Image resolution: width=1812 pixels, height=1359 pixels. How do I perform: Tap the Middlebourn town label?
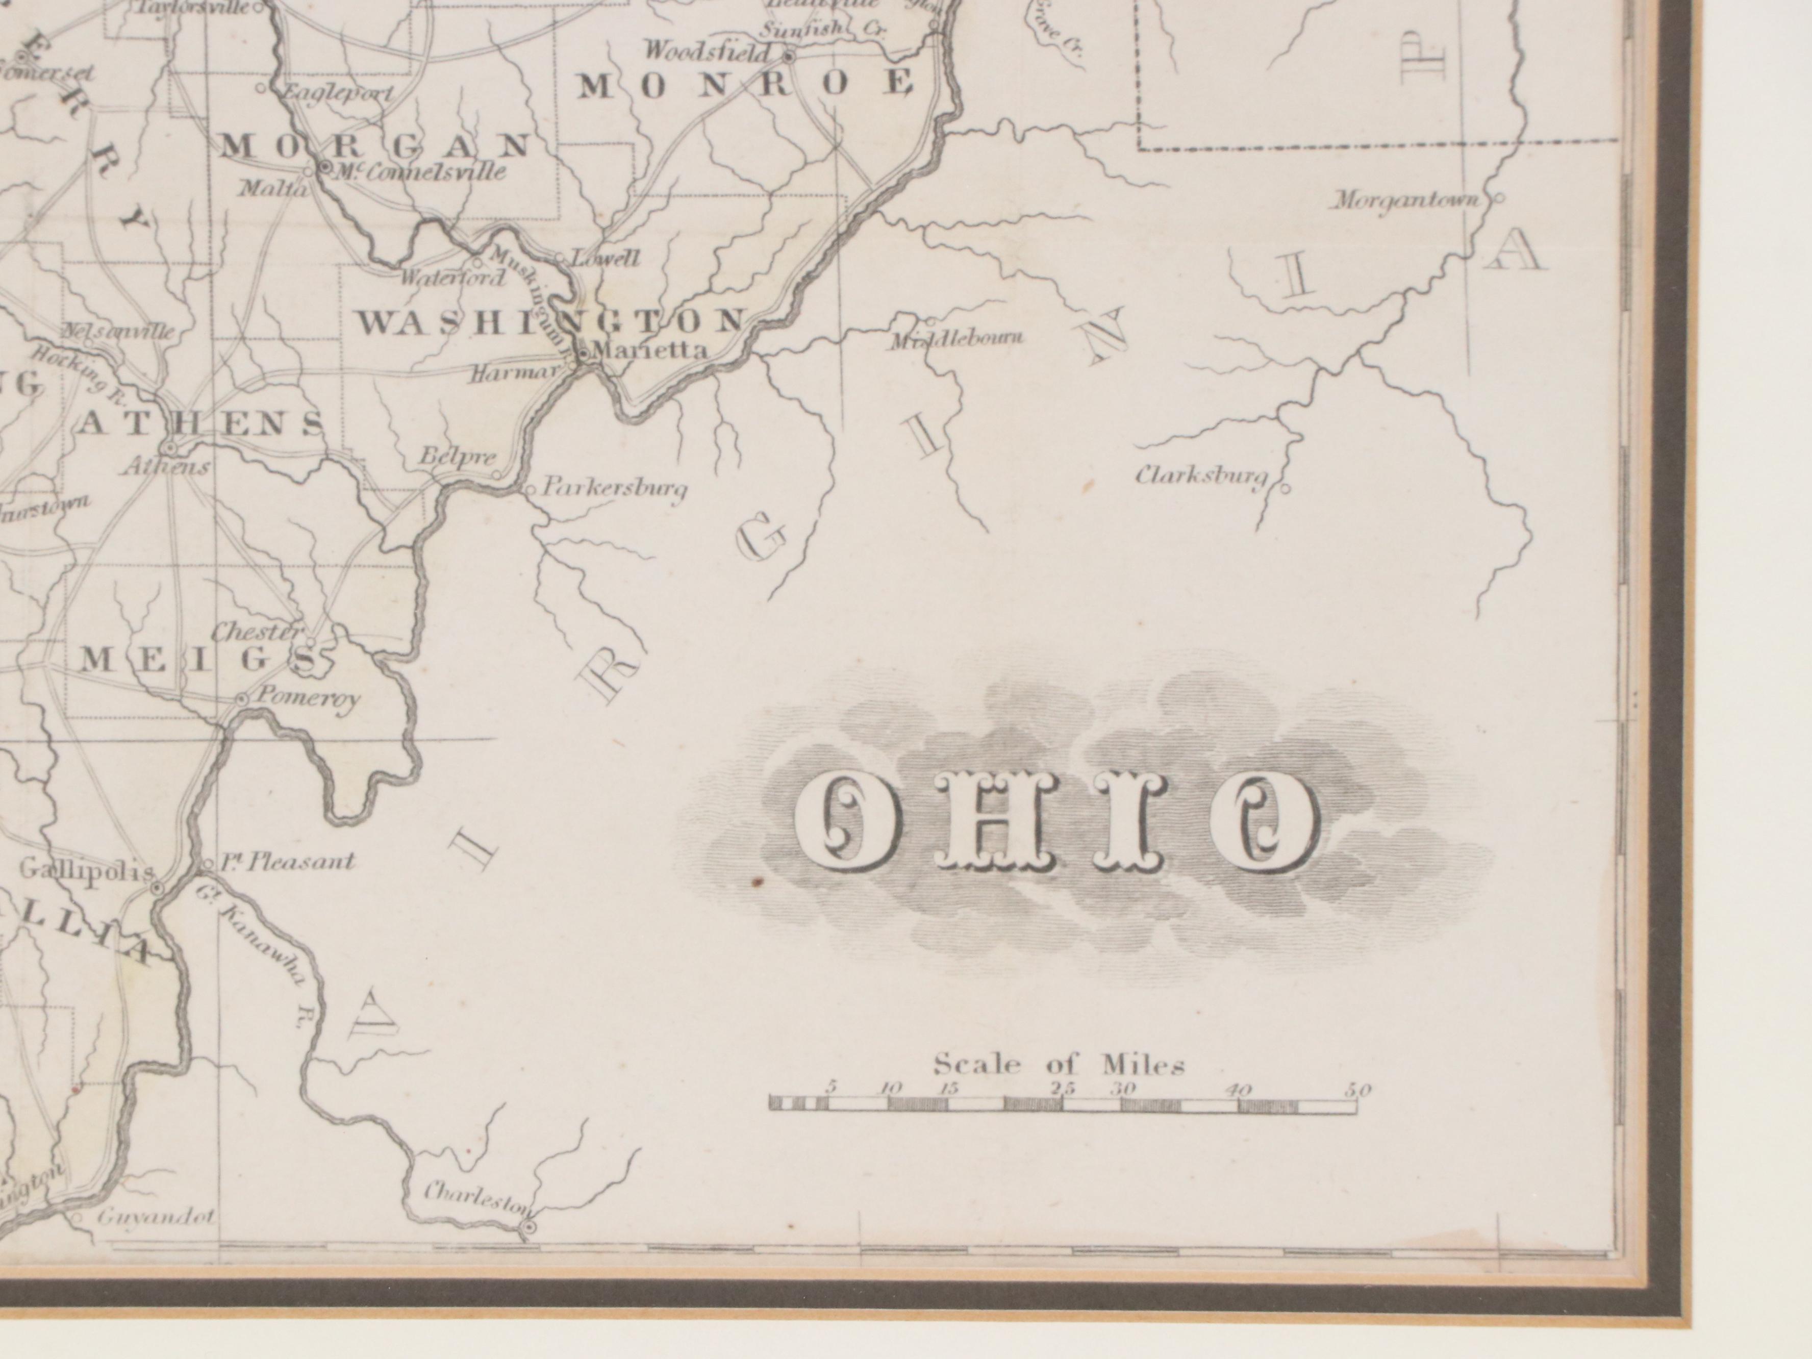point(957,338)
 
